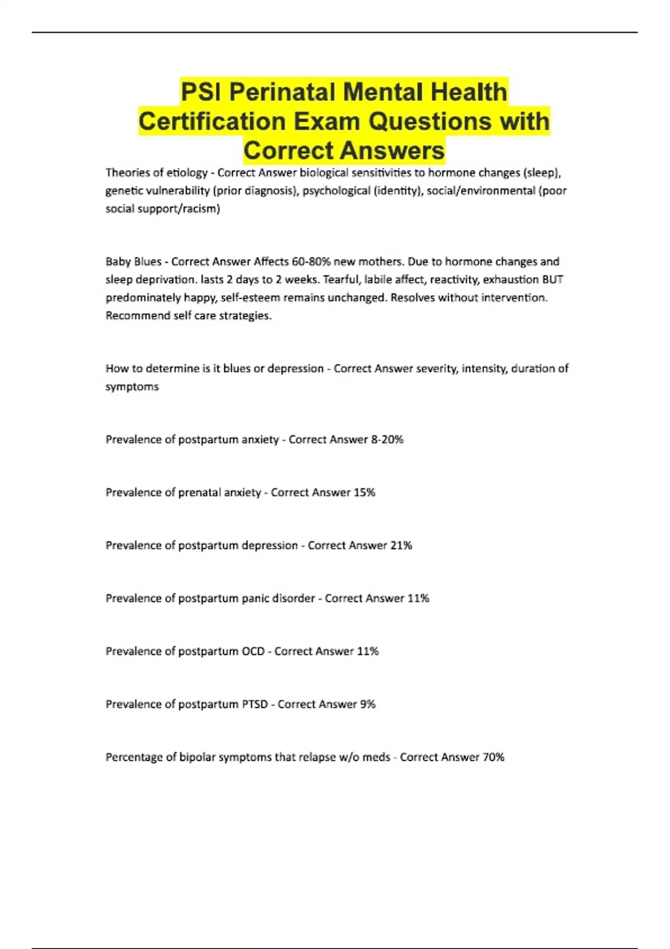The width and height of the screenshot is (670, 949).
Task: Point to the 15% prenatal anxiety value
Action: (364, 492)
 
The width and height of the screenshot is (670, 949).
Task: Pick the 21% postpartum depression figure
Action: (401, 545)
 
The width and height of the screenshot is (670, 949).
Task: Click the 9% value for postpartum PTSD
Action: (367, 704)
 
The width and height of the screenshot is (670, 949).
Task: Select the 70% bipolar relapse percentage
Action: (493, 757)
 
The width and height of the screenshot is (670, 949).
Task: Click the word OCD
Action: (253, 651)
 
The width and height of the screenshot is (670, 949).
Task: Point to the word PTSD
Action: (255, 704)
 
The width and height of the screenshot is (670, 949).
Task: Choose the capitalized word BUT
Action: (553, 279)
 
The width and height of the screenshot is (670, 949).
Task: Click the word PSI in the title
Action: (201, 92)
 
